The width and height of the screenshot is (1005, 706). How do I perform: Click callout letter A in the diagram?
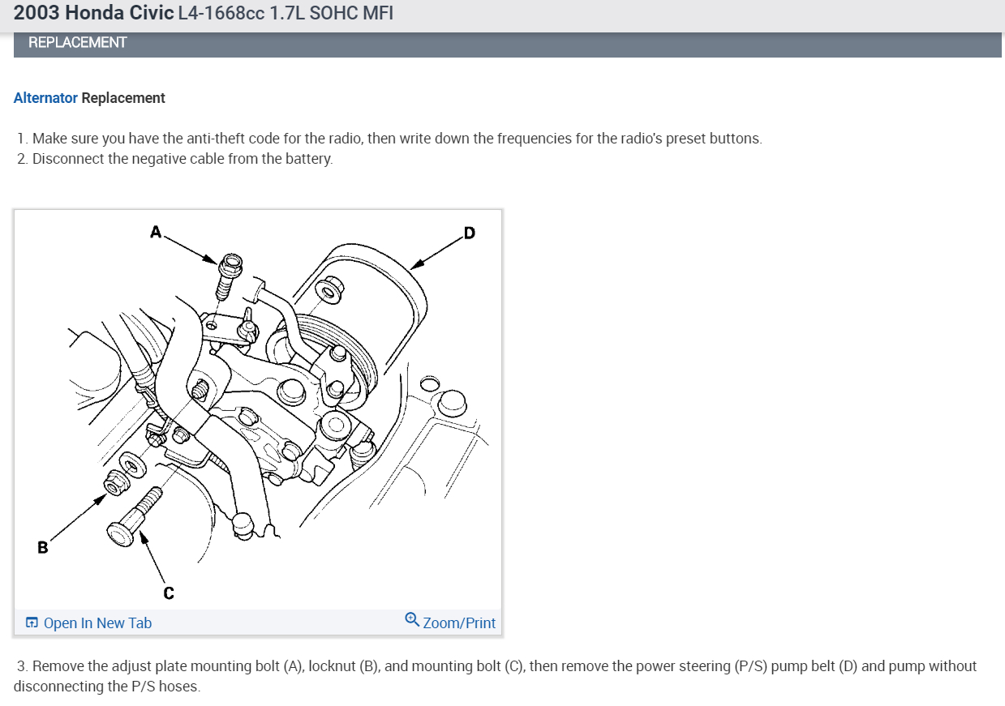coord(155,232)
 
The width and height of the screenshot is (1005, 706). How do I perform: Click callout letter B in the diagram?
coord(42,547)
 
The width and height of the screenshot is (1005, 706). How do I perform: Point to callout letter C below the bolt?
coord(168,593)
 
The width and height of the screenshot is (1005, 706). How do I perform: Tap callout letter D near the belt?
coord(469,234)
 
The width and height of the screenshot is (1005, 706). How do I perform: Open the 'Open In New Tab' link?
coord(97,623)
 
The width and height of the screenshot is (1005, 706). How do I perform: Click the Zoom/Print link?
coord(458,623)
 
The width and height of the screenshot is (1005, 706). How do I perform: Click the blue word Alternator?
coord(45,98)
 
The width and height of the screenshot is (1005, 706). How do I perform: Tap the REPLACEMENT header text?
coord(77,42)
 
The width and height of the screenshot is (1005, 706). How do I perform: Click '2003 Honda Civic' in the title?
coord(93,14)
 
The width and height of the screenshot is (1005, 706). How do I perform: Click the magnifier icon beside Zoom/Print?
coord(412,621)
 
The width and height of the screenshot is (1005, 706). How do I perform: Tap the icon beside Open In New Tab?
coord(32,623)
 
